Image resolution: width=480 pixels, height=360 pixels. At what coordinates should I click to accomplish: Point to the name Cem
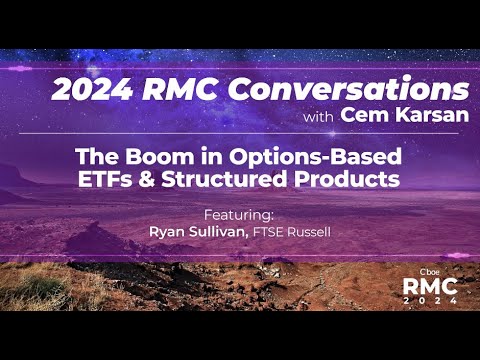coord(361,116)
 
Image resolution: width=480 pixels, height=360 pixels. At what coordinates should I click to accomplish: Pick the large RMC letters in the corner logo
coord(430,285)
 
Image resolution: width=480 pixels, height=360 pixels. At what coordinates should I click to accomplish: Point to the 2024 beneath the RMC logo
coord(430,299)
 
